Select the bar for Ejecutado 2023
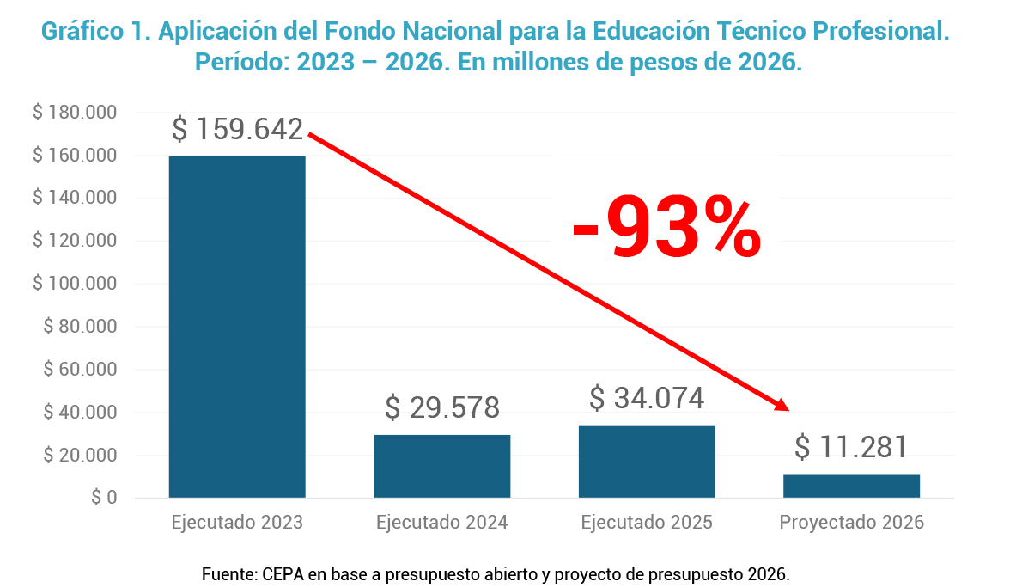tap(237, 327)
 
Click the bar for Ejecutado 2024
tap(441, 466)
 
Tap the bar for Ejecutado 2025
tap(647, 462)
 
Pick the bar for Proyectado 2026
tap(851, 486)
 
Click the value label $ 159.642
tap(237, 130)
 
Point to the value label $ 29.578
tap(441, 407)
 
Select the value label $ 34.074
tap(647, 399)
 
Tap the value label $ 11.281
tap(850, 448)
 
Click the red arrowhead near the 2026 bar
tap(781, 405)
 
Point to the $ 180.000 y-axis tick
tap(75, 113)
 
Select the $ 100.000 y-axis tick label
tap(75, 284)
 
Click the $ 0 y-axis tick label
tap(104, 498)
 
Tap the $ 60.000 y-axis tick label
tap(79, 370)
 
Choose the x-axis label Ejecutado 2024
tap(441, 523)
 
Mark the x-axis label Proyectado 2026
tap(851, 523)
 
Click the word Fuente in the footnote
tap(226, 573)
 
